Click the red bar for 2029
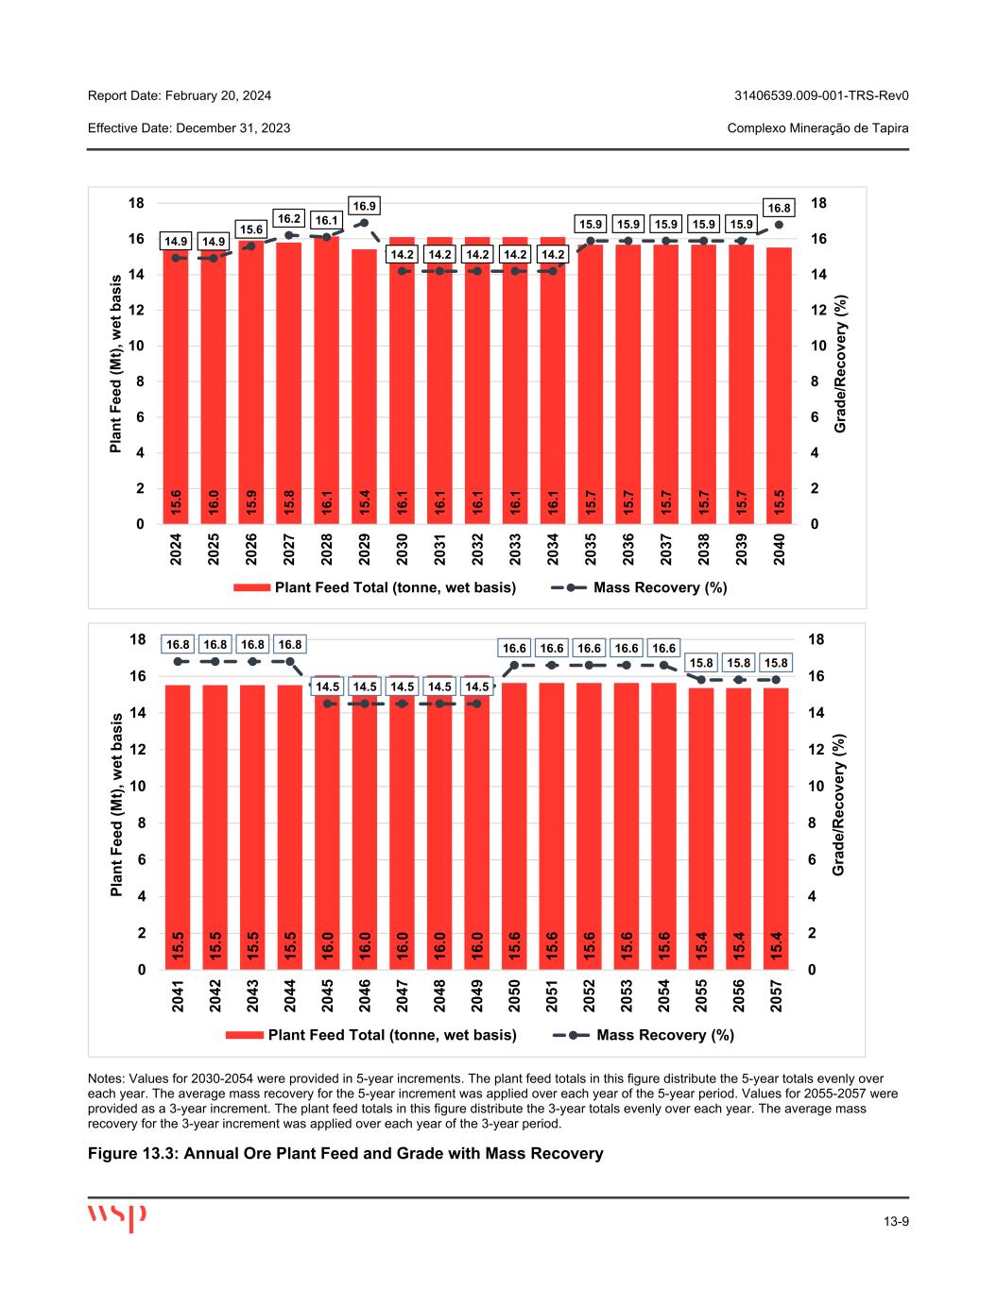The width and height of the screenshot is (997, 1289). [364, 387]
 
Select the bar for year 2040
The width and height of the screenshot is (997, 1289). [779, 387]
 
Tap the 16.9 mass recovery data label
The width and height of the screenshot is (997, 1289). [364, 205]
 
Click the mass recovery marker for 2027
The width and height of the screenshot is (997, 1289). [289, 235]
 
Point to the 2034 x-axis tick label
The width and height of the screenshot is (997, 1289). [553, 549]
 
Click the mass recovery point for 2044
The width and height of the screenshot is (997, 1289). [290, 662]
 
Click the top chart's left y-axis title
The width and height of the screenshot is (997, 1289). [116, 364]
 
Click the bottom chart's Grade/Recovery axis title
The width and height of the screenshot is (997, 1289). [838, 805]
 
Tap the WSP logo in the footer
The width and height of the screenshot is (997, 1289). [117, 1216]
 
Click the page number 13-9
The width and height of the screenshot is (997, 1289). [896, 1223]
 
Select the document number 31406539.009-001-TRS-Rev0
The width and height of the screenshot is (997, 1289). [821, 95]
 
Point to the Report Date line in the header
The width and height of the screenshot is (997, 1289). [180, 95]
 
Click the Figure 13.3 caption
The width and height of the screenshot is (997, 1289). [345, 1153]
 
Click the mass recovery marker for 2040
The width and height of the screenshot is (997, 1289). [779, 225]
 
